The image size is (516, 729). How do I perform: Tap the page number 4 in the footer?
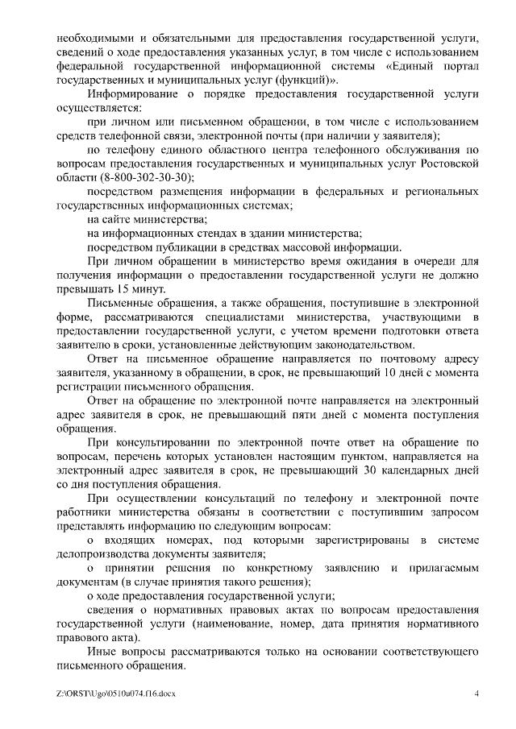pyautogui.click(x=476, y=694)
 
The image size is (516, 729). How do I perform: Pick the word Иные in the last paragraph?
pyautogui.click(x=99, y=652)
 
